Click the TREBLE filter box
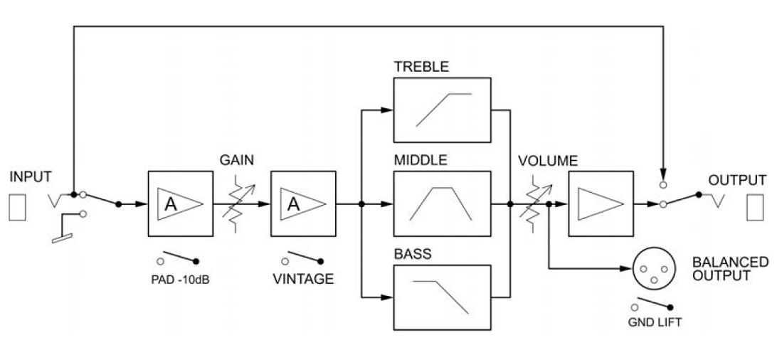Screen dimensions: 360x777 (x=442, y=110)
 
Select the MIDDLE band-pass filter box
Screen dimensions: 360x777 (x=442, y=204)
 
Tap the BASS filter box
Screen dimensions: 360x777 (x=442, y=297)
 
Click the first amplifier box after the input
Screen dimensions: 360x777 (x=180, y=204)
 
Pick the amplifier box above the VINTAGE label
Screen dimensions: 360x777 (x=303, y=204)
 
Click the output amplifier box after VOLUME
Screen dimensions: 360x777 (x=601, y=204)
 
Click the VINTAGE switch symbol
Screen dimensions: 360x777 (x=303, y=257)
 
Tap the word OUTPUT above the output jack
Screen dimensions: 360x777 (x=736, y=180)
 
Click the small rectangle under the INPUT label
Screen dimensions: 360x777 (x=17, y=205)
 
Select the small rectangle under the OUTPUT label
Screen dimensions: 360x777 (x=754, y=205)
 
